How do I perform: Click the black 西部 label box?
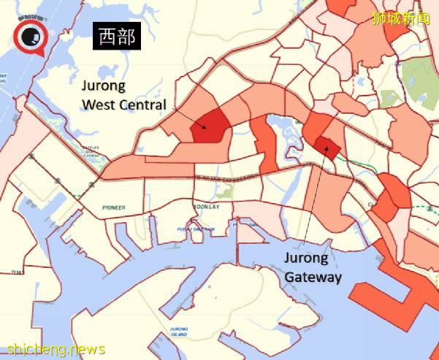116,37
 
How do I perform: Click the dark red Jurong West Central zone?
208,127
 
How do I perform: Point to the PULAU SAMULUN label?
196,229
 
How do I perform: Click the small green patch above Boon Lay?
226,192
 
